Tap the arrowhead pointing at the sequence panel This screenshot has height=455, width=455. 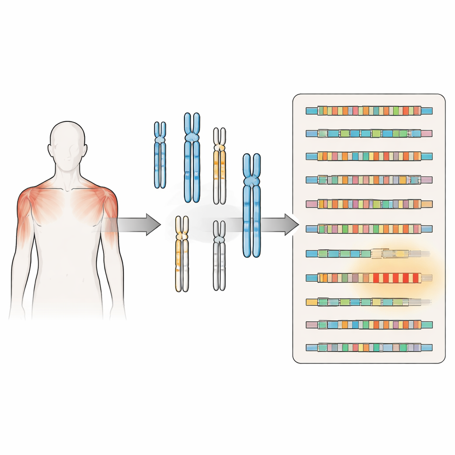(291, 224)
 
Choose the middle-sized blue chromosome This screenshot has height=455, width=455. (192, 158)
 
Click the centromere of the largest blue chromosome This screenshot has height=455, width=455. (251, 181)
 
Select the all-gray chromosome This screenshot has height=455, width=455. (219, 255)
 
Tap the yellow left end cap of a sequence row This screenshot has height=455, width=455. (312, 302)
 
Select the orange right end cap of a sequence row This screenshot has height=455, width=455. (427, 204)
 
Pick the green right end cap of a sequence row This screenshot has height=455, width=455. (427, 325)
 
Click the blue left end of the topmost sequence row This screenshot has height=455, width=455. (312, 111)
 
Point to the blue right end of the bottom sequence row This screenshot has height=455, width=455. (427, 347)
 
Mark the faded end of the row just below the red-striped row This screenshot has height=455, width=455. (422, 302)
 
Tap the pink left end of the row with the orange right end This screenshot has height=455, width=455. (312, 204)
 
